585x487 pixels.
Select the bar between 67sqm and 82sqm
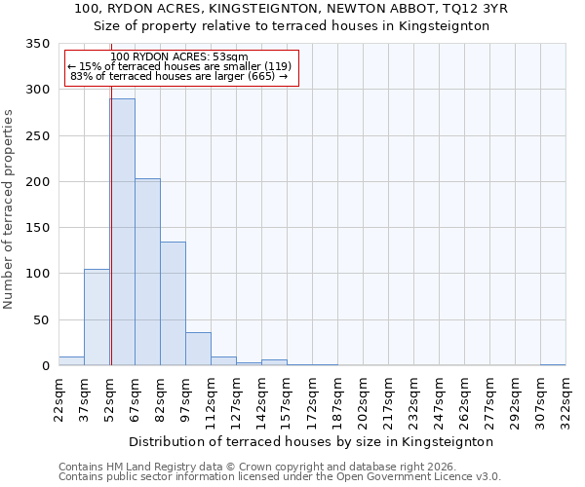pyautogui.click(x=147, y=272)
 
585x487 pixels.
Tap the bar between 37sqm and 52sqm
pyautogui.click(x=97, y=317)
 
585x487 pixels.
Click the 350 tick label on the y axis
pyautogui.click(x=37, y=44)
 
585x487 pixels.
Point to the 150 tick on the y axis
pyautogui.click(x=37, y=228)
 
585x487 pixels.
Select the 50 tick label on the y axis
pyautogui.click(x=41, y=319)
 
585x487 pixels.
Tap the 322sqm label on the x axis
pyautogui.click(x=565, y=399)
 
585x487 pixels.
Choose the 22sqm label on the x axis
pyautogui.click(x=58, y=399)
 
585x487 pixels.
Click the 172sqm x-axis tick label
pyautogui.click(x=312, y=399)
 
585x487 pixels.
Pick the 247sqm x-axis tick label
pyautogui.click(x=439, y=399)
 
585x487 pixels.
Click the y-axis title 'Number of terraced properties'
pyautogui.click(x=9, y=208)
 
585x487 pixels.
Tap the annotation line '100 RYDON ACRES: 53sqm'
pyautogui.click(x=179, y=56)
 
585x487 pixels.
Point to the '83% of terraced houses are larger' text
pyautogui.click(x=179, y=76)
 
